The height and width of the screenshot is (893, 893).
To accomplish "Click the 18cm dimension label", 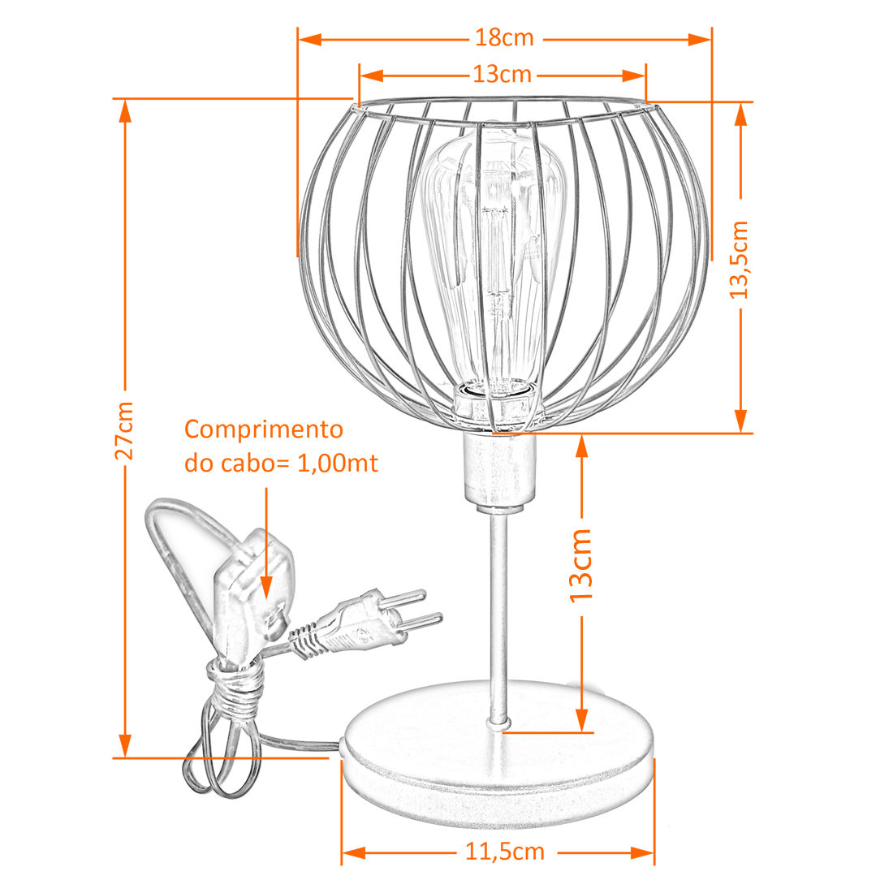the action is click(x=505, y=38).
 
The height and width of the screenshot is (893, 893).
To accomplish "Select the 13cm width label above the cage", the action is click(x=503, y=75).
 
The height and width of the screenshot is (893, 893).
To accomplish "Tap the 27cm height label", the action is click(x=124, y=430).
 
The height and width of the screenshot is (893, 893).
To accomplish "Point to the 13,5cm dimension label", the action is click(x=740, y=260).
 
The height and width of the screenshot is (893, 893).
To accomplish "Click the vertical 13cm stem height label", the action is click(x=581, y=566).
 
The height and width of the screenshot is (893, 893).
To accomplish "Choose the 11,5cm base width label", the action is click(x=505, y=852).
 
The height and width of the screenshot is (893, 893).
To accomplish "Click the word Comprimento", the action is click(x=264, y=430).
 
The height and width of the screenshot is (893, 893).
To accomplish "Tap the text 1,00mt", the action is click(x=338, y=463).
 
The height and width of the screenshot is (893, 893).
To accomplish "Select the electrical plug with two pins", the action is click(x=365, y=623).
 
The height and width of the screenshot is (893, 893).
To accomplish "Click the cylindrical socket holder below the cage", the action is click(x=499, y=470).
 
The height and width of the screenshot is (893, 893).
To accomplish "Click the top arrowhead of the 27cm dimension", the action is click(x=125, y=112).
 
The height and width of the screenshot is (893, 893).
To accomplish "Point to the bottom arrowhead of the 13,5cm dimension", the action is click(x=740, y=421).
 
